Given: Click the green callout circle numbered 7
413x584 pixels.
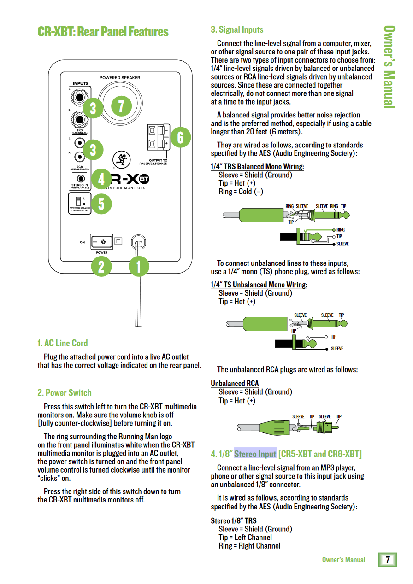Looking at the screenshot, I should coord(121,106).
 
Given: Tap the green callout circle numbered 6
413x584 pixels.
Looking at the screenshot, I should coord(180,137).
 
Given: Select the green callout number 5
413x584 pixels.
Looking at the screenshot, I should coord(101,204).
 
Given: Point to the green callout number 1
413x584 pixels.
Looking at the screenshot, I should coord(139,266).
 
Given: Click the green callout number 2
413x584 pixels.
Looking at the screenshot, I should coord(101,266).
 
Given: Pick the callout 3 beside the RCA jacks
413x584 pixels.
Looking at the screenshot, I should coord(94,150).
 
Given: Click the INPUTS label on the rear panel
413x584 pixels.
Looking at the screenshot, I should coord(81,84).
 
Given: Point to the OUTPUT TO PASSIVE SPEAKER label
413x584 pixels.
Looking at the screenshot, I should coord(153,162).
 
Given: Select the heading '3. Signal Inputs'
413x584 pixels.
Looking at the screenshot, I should coord(237,29).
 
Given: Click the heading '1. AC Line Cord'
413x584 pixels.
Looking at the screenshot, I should coord(62,343).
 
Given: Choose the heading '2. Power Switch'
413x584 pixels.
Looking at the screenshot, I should coord(64,393).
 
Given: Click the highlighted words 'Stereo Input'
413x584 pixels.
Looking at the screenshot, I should coord(255,454).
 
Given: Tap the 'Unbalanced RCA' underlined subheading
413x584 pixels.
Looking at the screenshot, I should coord(235,383).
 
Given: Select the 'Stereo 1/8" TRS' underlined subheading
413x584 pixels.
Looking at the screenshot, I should coord(234,521).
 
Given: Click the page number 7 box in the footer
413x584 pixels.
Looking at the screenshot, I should coord(388,560).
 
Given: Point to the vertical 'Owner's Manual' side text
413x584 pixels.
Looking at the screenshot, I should coord(389,67).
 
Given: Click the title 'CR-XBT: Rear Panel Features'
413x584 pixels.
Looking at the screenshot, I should coord(103,32).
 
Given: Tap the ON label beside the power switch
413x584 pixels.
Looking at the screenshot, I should coord(82,242).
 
